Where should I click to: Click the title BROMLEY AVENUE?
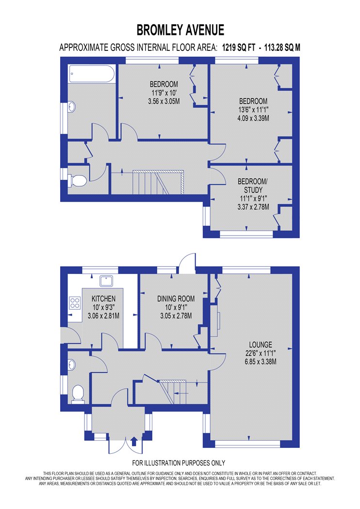tap(180, 30)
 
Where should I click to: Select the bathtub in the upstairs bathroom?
tap(92, 74)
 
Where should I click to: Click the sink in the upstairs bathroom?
tap(72, 107)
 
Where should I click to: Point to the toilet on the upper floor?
tap(77, 180)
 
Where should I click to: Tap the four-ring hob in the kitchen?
tap(75, 303)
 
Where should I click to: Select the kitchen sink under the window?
tap(106, 281)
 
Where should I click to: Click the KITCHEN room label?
tap(103, 299)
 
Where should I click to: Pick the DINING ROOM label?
tap(176, 299)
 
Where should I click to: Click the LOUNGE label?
tap(261, 345)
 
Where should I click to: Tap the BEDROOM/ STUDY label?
tap(253, 185)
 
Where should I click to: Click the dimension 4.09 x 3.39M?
tap(253, 118)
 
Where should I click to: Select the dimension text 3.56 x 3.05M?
tap(164, 101)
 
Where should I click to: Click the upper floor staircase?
tap(158, 182)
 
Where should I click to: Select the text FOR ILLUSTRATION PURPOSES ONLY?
tap(179, 463)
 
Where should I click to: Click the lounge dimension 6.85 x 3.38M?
tap(261, 362)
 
